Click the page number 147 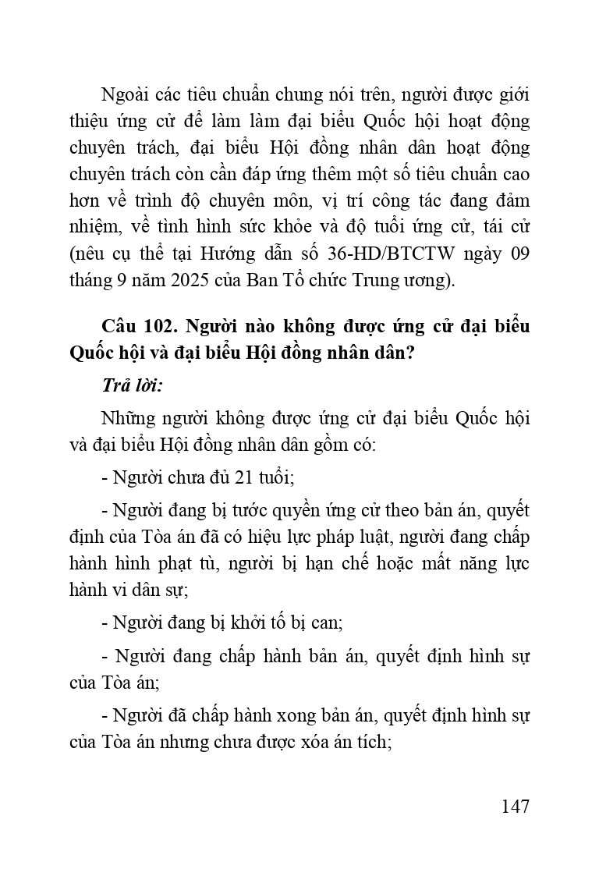[x=516, y=806]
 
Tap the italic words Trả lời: [x=132, y=385]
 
